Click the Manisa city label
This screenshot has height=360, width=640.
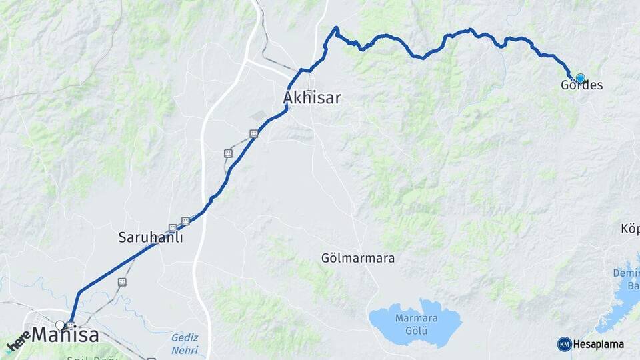65,335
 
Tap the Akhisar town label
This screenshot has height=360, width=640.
311,98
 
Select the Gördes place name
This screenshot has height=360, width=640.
581,85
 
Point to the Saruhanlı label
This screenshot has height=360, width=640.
151,237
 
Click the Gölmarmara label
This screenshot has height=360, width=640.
358,257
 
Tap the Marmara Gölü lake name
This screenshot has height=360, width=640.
415,323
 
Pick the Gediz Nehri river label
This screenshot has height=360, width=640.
185,344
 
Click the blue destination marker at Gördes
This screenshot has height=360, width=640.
580,78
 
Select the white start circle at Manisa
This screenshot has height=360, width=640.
60,325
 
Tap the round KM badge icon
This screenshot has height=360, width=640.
564,344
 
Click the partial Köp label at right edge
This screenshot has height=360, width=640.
630,229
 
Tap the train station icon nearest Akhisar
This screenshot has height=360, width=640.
253,134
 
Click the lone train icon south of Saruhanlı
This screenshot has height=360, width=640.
122,282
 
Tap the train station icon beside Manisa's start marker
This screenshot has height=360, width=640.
71,325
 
